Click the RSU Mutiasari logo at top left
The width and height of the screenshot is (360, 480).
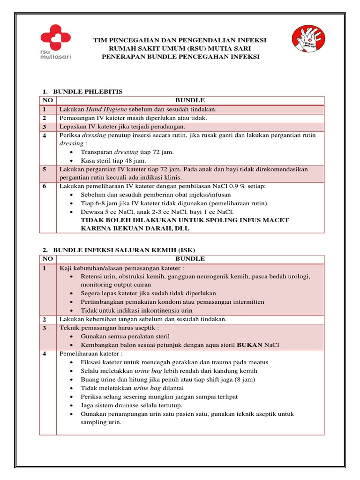[x=55, y=43]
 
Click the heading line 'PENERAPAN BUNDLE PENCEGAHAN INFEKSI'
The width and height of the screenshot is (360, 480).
[x=180, y=57]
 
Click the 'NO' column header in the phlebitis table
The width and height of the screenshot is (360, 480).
[x=48, y=100]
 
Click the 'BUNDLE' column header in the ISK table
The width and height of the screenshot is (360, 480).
[x=190, y=259]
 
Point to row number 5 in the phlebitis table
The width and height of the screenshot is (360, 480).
[x=44, y=169]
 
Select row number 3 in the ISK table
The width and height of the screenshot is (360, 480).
[x=44, y=328]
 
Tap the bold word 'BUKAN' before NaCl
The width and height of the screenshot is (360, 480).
[x=250, y=345]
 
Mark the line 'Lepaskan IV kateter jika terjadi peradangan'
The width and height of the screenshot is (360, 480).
[x=122, y=127]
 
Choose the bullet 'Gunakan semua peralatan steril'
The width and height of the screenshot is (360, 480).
[x=125, y=337]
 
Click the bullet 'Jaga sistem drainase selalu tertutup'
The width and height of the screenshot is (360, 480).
[x=132, y=405]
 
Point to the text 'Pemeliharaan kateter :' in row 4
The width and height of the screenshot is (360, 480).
[x=90, y=354]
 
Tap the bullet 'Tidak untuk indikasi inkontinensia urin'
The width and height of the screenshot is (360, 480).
[x=136, y=310]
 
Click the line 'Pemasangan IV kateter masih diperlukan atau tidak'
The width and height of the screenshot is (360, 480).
[x=133, y=118]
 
